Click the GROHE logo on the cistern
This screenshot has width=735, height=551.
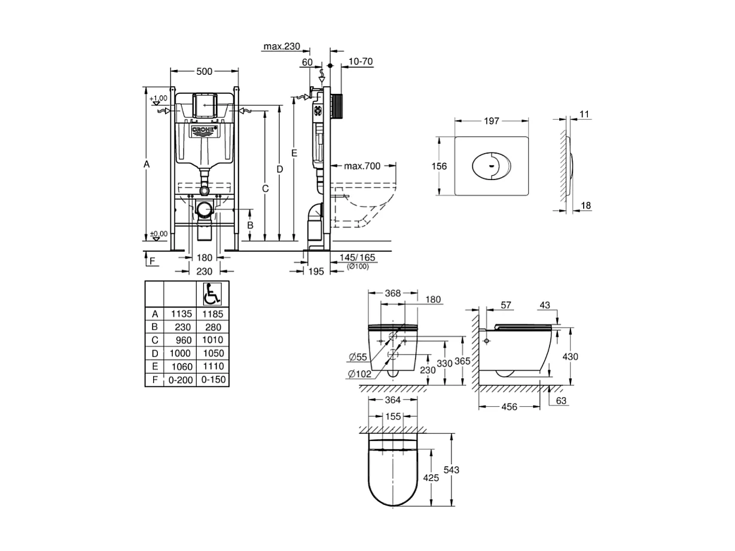(x=205, y=130)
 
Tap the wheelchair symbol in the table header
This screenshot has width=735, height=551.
(x=212, y=294)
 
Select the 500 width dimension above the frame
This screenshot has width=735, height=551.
(x=205, y=71)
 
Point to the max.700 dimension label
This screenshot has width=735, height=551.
(x=363, y=166)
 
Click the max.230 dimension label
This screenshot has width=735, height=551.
(x=281, y=45)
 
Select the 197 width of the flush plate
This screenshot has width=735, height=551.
(x=492, y=121)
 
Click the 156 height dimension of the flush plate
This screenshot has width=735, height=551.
(x=440, y=166)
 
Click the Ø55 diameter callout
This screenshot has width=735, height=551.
(x=358, y=357)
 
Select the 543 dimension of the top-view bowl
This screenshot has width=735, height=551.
(x=452, y=470)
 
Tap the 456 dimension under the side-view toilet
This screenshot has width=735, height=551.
(x=509, y=406)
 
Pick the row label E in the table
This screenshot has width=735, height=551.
(x=154, y=366)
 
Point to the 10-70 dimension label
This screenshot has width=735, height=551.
(x=361, y=61)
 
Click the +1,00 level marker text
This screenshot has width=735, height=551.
(x=159, y=98)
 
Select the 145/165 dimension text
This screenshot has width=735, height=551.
(x=357, y=257)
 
